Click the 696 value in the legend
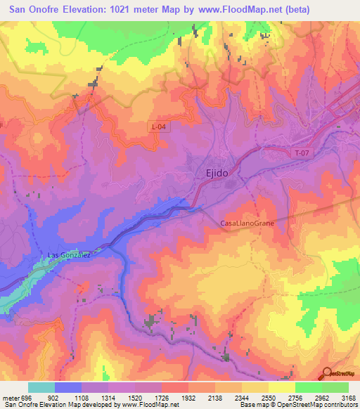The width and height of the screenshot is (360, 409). pyautogui.click(x=24, y=398)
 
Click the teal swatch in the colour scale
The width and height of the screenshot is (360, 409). pyautogui.click(x=41, y=387)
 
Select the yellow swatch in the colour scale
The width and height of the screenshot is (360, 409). pyautogui.click(x=281, y=387)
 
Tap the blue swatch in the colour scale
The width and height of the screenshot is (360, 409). pyautogui.click(x=68, y=387)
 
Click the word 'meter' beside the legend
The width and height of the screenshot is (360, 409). pyautogui.click(x=9, y=398)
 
